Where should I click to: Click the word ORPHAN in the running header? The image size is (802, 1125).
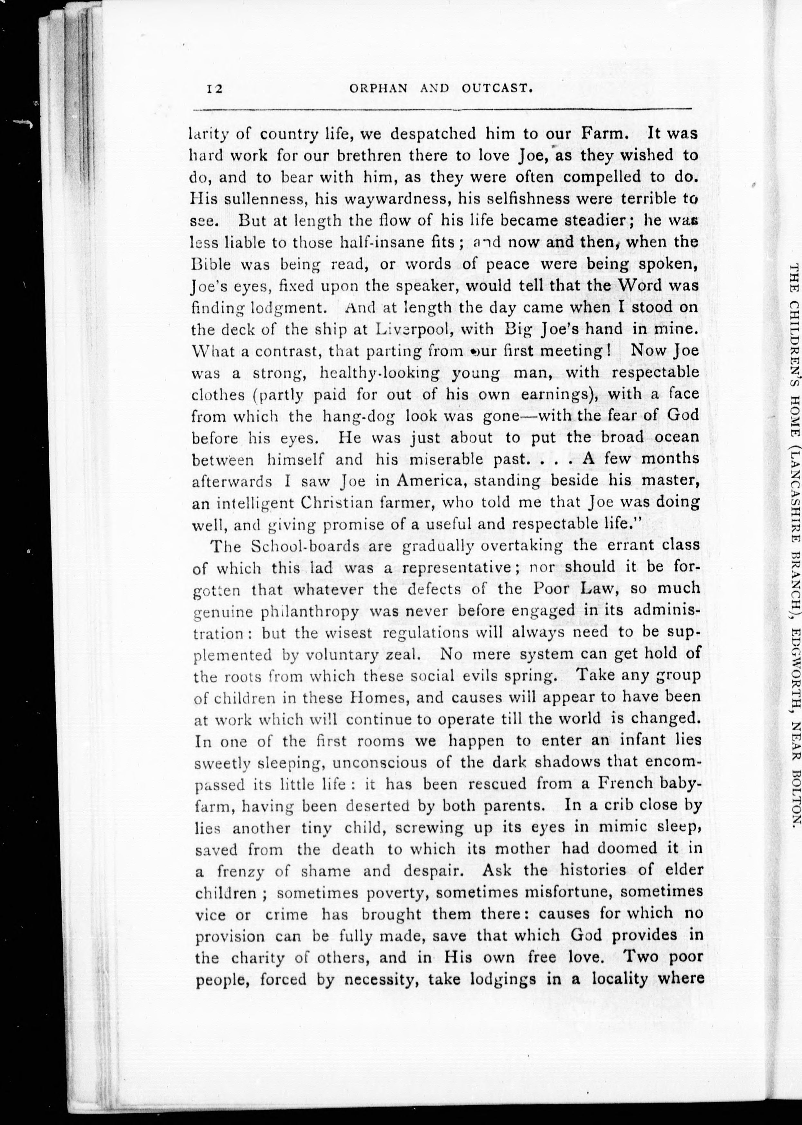pos(378,88)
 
